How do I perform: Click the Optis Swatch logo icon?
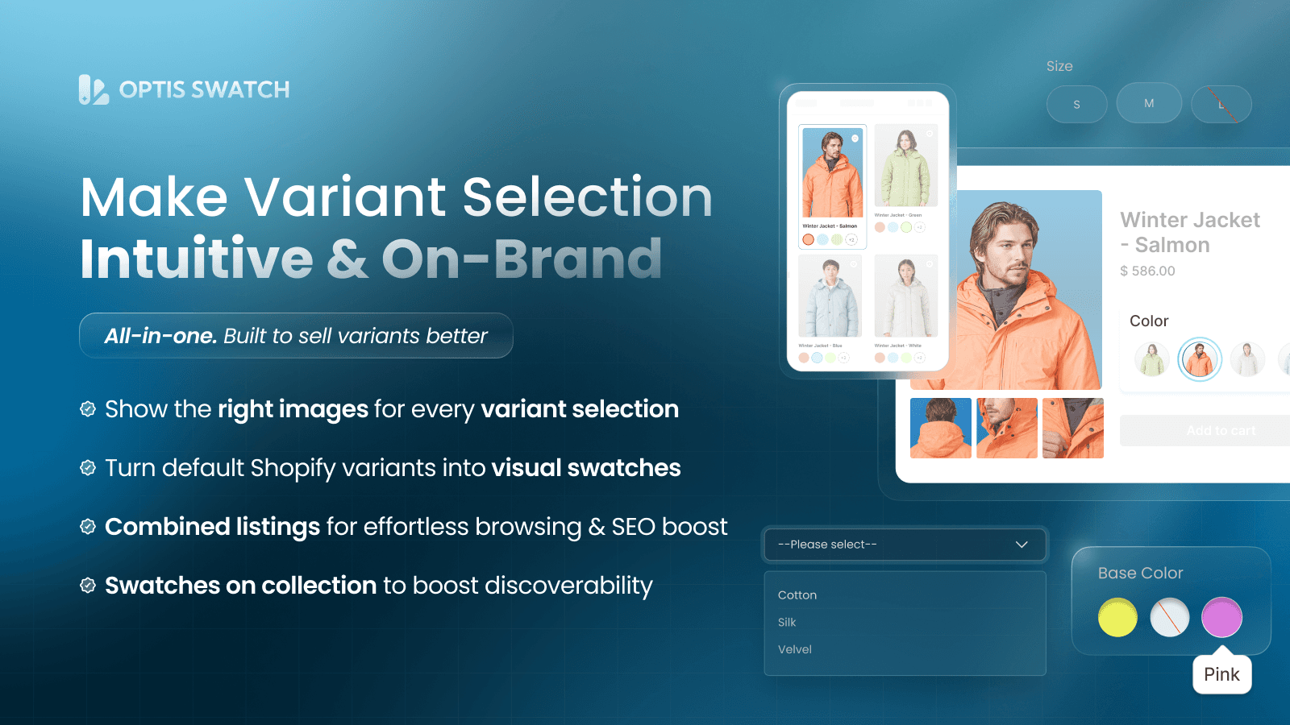pos(94,89)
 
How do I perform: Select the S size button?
pos(1076,105)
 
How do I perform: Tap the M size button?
pos(1149,104)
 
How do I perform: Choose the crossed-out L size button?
pos(1221,105)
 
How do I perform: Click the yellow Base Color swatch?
pos(1117,618)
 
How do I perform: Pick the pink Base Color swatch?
pos(1221,618)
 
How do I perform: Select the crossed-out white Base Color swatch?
pos(1169,618)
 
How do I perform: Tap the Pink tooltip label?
pos(1221,674)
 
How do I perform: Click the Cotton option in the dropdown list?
pos(797,595)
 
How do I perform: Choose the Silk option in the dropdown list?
pos(787,623)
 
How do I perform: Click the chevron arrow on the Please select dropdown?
pos(1022,545)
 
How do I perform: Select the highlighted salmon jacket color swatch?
pos(1200,359)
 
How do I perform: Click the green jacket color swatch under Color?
pos(1151,359)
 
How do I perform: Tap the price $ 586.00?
pos(1147,271)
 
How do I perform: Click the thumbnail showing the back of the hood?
pos(941,428)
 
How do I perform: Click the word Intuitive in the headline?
pos(197,259)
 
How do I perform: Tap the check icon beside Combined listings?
pos(88,527)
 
